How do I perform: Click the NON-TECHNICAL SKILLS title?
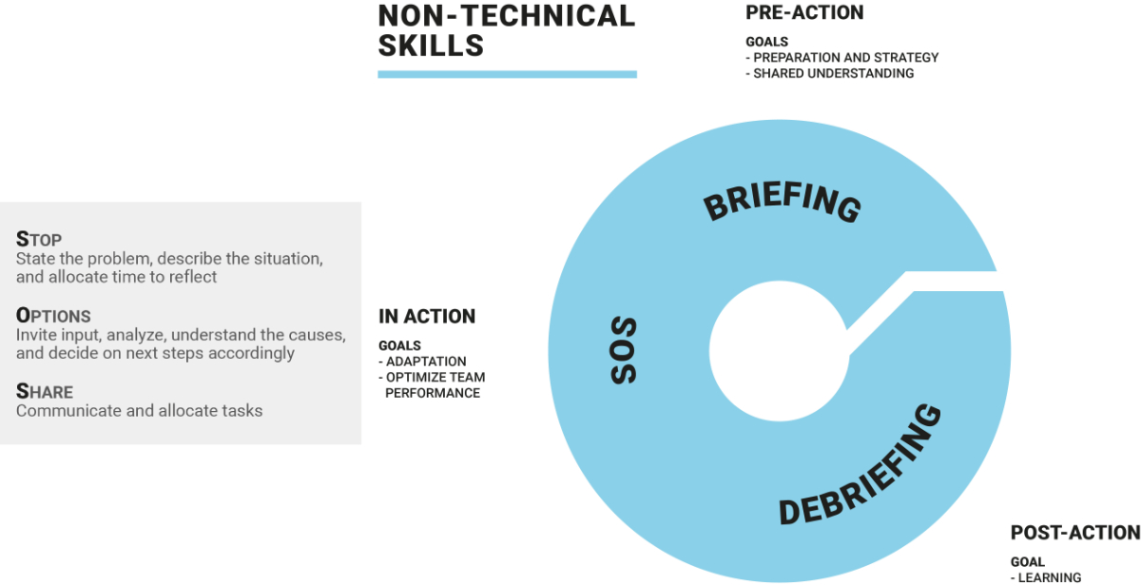pos(507,30)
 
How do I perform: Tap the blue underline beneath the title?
pos(508,74)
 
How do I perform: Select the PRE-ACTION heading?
pos(804,12)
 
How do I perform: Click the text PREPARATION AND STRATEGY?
pos(846,58)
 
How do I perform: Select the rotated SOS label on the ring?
pos(624,350)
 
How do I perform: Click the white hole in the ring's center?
pos(779,351)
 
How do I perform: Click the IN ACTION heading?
pos(427,317)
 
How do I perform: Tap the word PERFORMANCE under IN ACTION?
pos(433,393)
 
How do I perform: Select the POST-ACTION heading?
pos(1075,533)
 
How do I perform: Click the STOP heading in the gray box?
pos(39,239)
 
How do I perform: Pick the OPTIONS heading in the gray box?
pos(53,316)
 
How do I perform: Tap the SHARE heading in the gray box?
pos(45,391)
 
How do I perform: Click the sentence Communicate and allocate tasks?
pos(139,411)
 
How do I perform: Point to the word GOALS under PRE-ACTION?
pos(766,42)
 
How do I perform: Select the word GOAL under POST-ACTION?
pos(1028,562)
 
